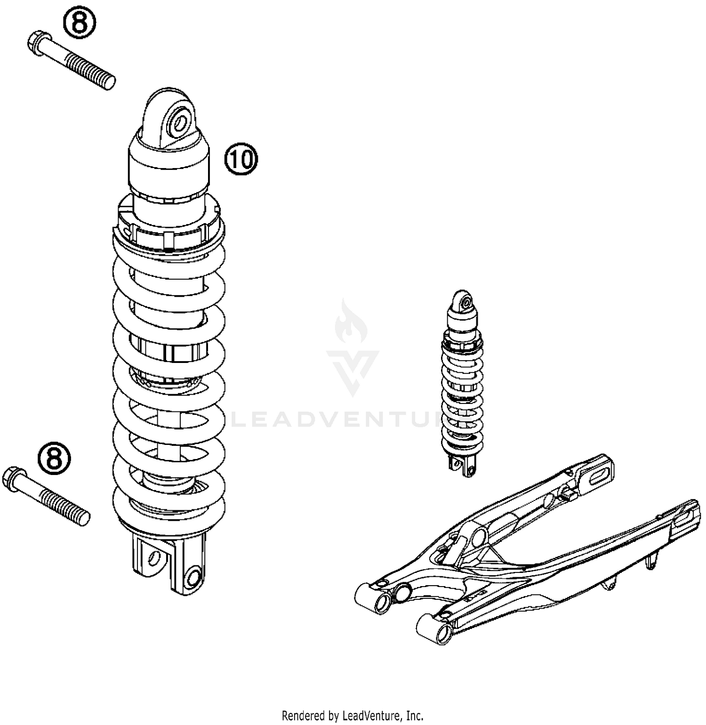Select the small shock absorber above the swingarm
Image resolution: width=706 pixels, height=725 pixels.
pos(462,382)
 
